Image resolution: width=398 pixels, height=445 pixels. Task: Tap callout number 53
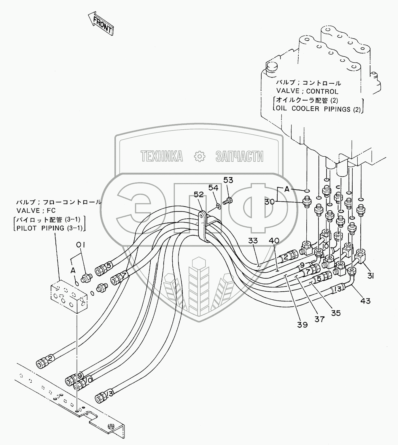point(228,180)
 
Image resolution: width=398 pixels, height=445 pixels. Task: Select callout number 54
point(213,188)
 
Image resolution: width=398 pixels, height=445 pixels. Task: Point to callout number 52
point(199,194)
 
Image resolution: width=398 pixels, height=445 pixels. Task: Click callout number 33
point(253,241)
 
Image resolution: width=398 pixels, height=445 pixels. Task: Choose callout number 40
point(274,240)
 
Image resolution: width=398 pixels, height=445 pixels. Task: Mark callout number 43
point(365,301)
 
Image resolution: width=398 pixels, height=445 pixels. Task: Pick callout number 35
point(336,313)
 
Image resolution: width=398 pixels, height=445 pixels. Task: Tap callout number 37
point(320,319)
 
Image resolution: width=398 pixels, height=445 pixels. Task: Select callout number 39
point(303,325)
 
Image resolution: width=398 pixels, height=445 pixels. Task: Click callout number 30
point(270,202)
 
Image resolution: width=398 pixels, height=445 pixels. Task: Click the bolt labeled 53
point(229,201)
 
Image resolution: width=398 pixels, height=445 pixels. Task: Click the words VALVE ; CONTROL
point(307,91)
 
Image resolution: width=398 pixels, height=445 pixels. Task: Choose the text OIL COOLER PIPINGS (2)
point(318,109)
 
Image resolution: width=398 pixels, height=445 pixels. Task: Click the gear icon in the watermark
point(199,156)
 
